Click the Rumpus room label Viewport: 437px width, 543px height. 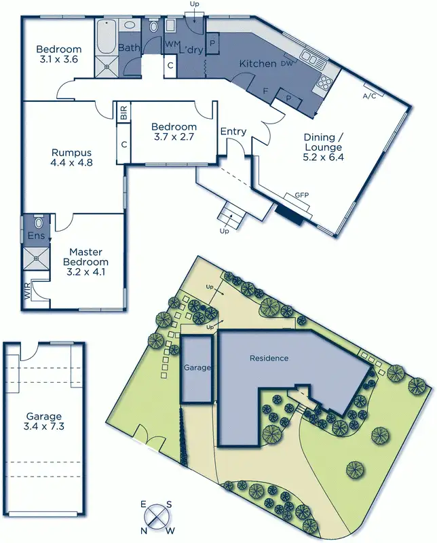(71, 153)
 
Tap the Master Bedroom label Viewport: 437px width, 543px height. (85, 257)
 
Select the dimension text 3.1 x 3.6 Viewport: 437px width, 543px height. (59, 60)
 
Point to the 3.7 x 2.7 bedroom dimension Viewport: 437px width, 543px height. (174, 137)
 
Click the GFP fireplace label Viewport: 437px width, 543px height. (301, 195)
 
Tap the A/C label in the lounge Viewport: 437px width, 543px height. (370, 96)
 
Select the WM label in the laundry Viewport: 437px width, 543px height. (172, 43)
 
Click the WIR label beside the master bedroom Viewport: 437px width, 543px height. (28, 293)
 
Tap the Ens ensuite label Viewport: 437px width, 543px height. (36, 236)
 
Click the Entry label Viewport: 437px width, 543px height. (233, 131)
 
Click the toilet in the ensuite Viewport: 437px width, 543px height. (38, 222)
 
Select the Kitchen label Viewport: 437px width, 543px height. (257, 64)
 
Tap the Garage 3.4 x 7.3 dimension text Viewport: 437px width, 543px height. (44, 427)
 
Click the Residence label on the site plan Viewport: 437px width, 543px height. (269, 358)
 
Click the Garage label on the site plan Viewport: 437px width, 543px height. (197, 367)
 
